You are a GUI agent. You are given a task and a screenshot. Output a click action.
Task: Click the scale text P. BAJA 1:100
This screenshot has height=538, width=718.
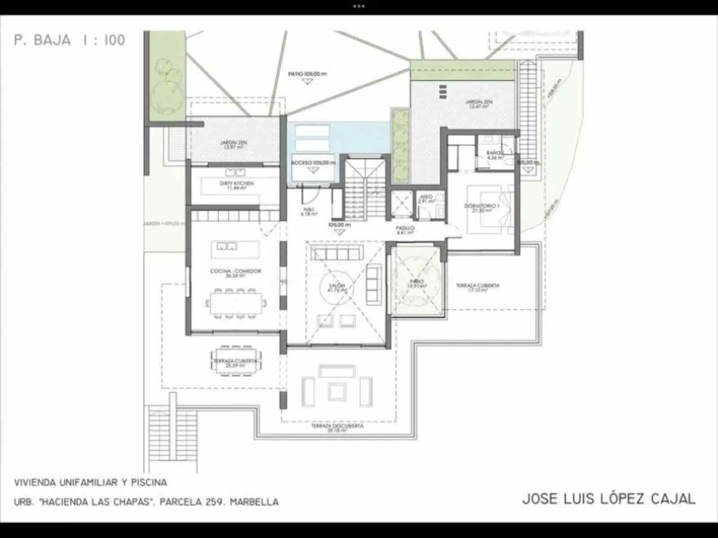coord(70,40)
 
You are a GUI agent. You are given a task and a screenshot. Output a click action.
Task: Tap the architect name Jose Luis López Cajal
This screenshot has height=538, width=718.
coord(609,499)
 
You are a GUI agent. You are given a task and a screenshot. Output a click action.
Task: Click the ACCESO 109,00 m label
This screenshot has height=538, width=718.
coord(313,163)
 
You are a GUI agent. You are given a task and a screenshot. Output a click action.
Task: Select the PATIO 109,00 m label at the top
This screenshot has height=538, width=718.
coord(307,74)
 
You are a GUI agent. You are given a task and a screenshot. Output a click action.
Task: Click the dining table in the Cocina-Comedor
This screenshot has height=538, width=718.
coord(236,304)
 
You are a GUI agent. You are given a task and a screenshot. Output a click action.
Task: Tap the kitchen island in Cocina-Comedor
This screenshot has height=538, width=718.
coord(235,249)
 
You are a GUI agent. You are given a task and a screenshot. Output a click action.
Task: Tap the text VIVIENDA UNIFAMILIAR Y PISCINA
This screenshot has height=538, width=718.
coord(91,483)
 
